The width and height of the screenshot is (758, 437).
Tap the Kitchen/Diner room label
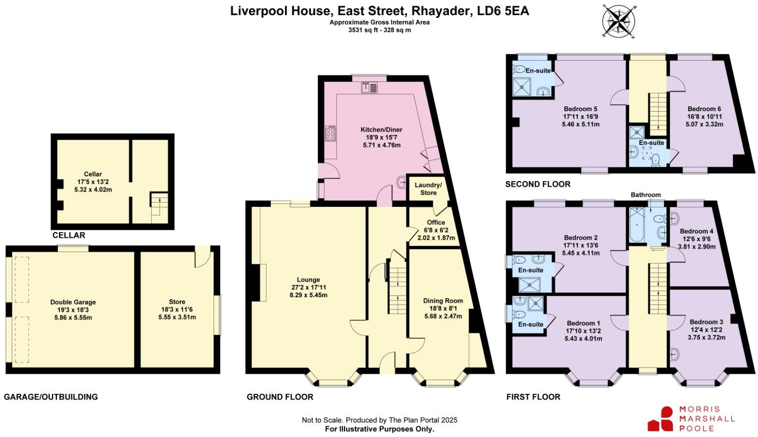(x=381, y=130)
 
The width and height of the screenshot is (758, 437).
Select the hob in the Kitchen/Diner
(x=331, y=133)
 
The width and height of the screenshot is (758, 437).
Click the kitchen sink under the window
(x=370, y=87)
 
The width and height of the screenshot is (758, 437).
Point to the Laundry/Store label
(x=428, y=189)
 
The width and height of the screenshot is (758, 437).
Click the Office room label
(x=436, y=222)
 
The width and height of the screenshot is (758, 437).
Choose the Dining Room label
(x=443, y=301)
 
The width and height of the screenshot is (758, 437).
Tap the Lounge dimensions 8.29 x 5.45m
(x=308, y=294)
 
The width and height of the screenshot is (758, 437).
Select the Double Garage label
(x=73, y=302)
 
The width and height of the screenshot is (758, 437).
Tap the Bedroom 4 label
(x=696, y=231)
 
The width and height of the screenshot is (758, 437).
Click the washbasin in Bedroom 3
(x=674, y=355)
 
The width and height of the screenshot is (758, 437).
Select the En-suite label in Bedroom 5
(x=538, y=71)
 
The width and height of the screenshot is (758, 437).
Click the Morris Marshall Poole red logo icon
(x=660, y=419)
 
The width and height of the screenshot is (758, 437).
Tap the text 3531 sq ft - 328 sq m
(x=379, y=29)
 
